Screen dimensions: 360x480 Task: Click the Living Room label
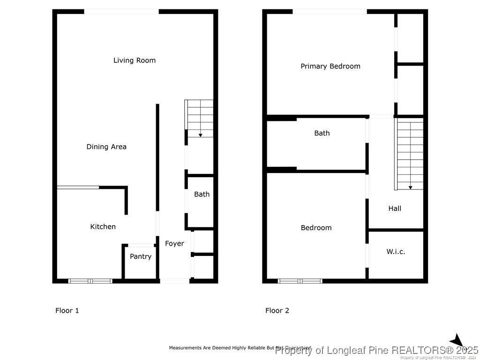pyautogui.click(x=135, y=60)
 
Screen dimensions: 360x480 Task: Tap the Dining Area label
pyautogui.click(x=106, y=147)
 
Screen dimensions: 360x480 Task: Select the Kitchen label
pyautogui.click(x=103, y=227)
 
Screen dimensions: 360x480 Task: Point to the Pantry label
pyautogui.click(x=141, y=256)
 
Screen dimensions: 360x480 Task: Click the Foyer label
pyautogui.click(x=174, y=244)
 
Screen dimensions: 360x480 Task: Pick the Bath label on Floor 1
pyautogui.click(x=202, y=194)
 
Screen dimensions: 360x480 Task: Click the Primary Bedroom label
pyautogui.click(x=330, y=67)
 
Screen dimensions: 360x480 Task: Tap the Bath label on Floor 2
pyautogui.click(x=322, y=133)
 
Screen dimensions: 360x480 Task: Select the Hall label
pyautogui.click(x=395, y=209)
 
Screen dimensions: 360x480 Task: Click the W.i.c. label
pyautogui.click(x=396, y=252)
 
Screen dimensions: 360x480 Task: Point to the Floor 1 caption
pyautogui.click(x=67, y=310)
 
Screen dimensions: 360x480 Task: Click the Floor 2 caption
pyautogui.click(x=277, y=310)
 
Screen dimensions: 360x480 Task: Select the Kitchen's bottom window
pyautogui.click(x=90, y=281)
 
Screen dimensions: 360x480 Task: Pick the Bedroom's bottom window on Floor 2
pyautogui.click(x=300, y=281)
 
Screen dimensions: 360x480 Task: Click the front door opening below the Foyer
pyautogui.click(x=174, y=281)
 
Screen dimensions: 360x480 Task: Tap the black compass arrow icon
pyautogui.click(x=457, y=341)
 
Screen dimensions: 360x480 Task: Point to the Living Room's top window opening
pyautogui.click(x=121, y=12)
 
